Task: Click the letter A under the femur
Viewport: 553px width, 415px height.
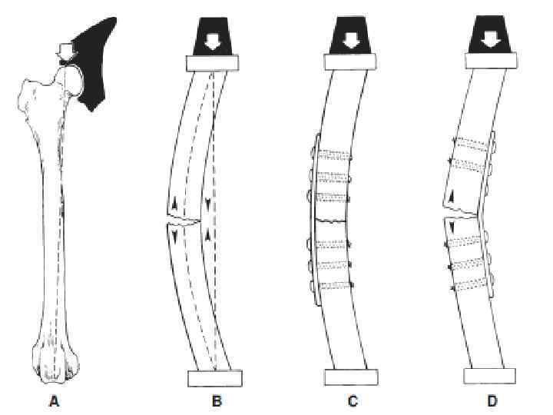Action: (53, 400)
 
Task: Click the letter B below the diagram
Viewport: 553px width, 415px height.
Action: (218, 400)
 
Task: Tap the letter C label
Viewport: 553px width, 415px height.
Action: (351, 400)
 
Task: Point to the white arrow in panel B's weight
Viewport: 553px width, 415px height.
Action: (214, 38)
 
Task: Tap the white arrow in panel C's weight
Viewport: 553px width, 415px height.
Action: (352, 38)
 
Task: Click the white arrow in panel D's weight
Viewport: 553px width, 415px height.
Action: (490, 38)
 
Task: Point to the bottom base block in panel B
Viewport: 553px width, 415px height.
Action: (215, 377)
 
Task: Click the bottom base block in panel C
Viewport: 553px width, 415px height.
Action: (352, 377)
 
